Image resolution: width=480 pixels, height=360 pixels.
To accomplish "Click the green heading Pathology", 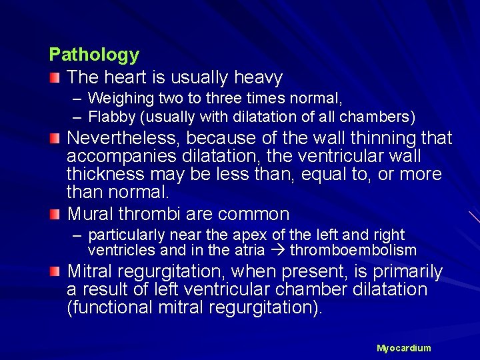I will click(x=94, y=55).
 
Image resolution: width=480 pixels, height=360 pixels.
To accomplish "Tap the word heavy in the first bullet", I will click(x=259, y=78).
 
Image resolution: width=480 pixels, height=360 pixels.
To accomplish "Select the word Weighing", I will click(x=121, y=99).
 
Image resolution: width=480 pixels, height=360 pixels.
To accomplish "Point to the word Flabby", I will click(x=111, y=117).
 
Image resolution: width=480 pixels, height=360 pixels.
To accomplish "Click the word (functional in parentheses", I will click(x=110, y=308).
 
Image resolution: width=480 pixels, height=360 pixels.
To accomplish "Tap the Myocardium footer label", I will click(x=403, y=348).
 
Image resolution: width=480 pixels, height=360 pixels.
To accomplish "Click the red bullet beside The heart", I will click(x=55, y=79).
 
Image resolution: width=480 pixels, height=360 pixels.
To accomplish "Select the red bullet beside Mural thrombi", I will click(x=55, y=215).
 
